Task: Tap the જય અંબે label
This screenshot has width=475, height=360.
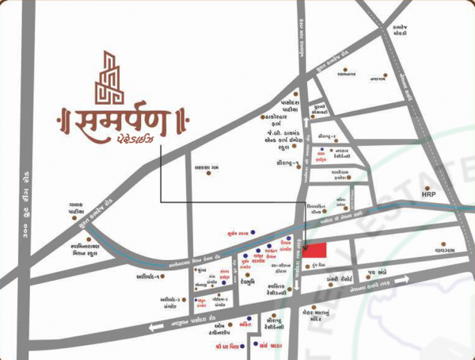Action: click(x=376, y=272)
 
